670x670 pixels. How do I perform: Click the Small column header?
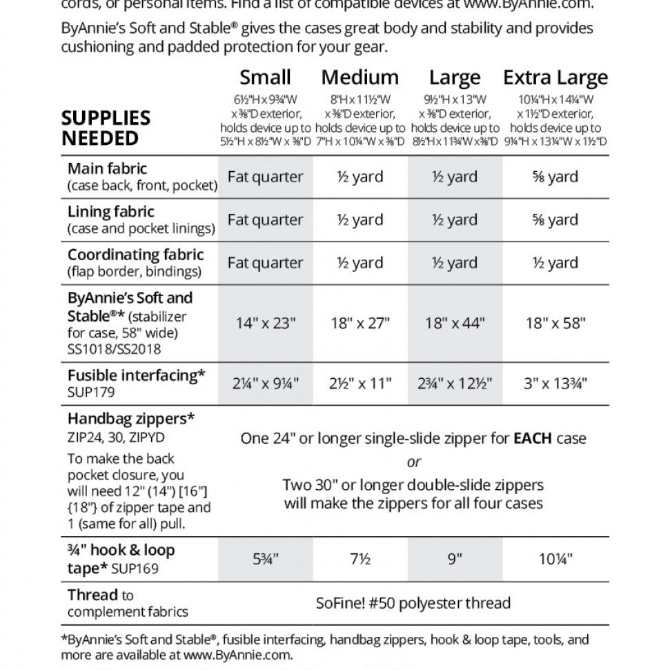[265, 77]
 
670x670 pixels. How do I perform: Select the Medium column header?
[359, 77]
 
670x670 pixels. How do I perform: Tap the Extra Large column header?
[555, 77]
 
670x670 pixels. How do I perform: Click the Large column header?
[454, 77]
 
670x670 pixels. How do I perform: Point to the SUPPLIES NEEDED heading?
[106, 128]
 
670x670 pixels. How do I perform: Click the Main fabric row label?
[108, 168]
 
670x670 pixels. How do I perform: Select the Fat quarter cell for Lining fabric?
[265, 220]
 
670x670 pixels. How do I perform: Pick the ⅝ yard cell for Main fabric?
[555, 177]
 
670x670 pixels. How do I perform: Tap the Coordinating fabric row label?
[136, 255]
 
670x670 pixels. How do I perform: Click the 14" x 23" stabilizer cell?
[265, 323]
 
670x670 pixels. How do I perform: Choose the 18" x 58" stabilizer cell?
[555, 323]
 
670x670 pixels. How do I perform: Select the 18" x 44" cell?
[454, 323]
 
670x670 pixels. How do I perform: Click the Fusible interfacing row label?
[137, 375]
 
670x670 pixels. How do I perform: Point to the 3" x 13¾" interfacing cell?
[555, 384]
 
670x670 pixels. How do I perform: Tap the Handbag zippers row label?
[131, 418]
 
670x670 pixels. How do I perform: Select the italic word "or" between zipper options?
[413, 462]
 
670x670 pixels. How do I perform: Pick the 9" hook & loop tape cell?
[454, 559]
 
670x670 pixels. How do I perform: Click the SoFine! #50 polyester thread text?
[413, 602]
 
